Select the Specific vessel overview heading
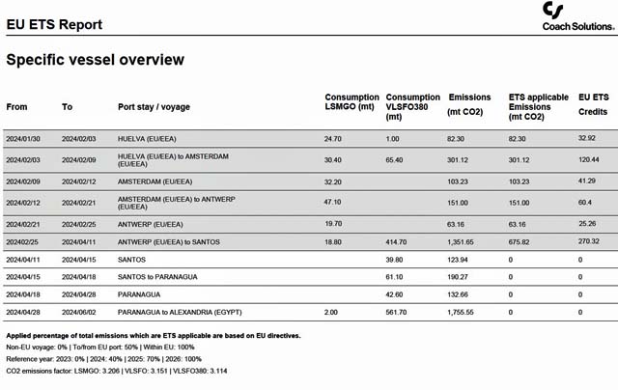[95, 60]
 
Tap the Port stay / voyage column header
[156, 106]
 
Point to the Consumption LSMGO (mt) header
[351, 101]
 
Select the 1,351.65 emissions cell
[462, 241]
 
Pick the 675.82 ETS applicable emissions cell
[521, 241]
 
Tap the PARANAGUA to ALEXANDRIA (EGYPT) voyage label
[180, 312]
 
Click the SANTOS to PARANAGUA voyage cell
[155, 276]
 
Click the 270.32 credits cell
[589, 241]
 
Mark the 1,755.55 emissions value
[462, 312]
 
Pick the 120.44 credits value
[589, 159]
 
